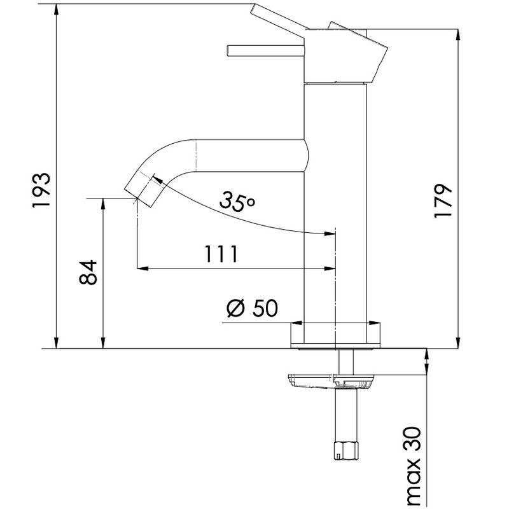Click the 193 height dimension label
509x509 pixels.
42,190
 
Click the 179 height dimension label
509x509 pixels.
443,202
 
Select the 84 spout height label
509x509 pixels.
88,272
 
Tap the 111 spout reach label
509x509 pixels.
221,254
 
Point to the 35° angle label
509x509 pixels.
237,201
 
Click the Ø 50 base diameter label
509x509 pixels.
252,308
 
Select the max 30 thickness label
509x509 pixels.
412,468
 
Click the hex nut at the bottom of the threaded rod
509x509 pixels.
347,450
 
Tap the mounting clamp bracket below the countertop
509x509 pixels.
331,380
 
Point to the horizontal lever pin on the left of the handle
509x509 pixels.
265,51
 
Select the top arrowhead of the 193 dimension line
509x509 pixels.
57,10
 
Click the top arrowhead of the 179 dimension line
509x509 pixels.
458,36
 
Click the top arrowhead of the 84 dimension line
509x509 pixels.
103,204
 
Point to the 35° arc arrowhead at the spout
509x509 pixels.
157,181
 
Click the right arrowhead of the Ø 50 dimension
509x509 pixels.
374,323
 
